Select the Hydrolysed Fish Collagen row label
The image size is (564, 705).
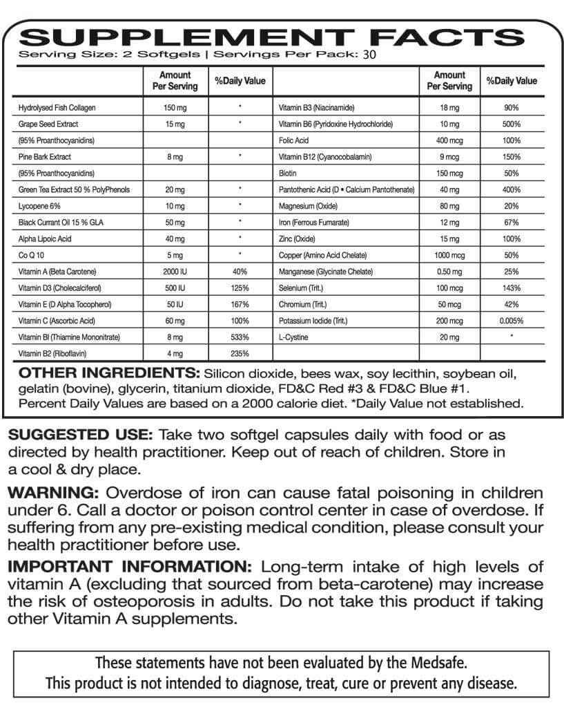57,109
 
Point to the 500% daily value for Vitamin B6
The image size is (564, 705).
512,124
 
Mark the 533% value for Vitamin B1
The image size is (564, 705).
240,337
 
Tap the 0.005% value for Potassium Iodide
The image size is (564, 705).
512,321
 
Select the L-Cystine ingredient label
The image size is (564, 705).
292,337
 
